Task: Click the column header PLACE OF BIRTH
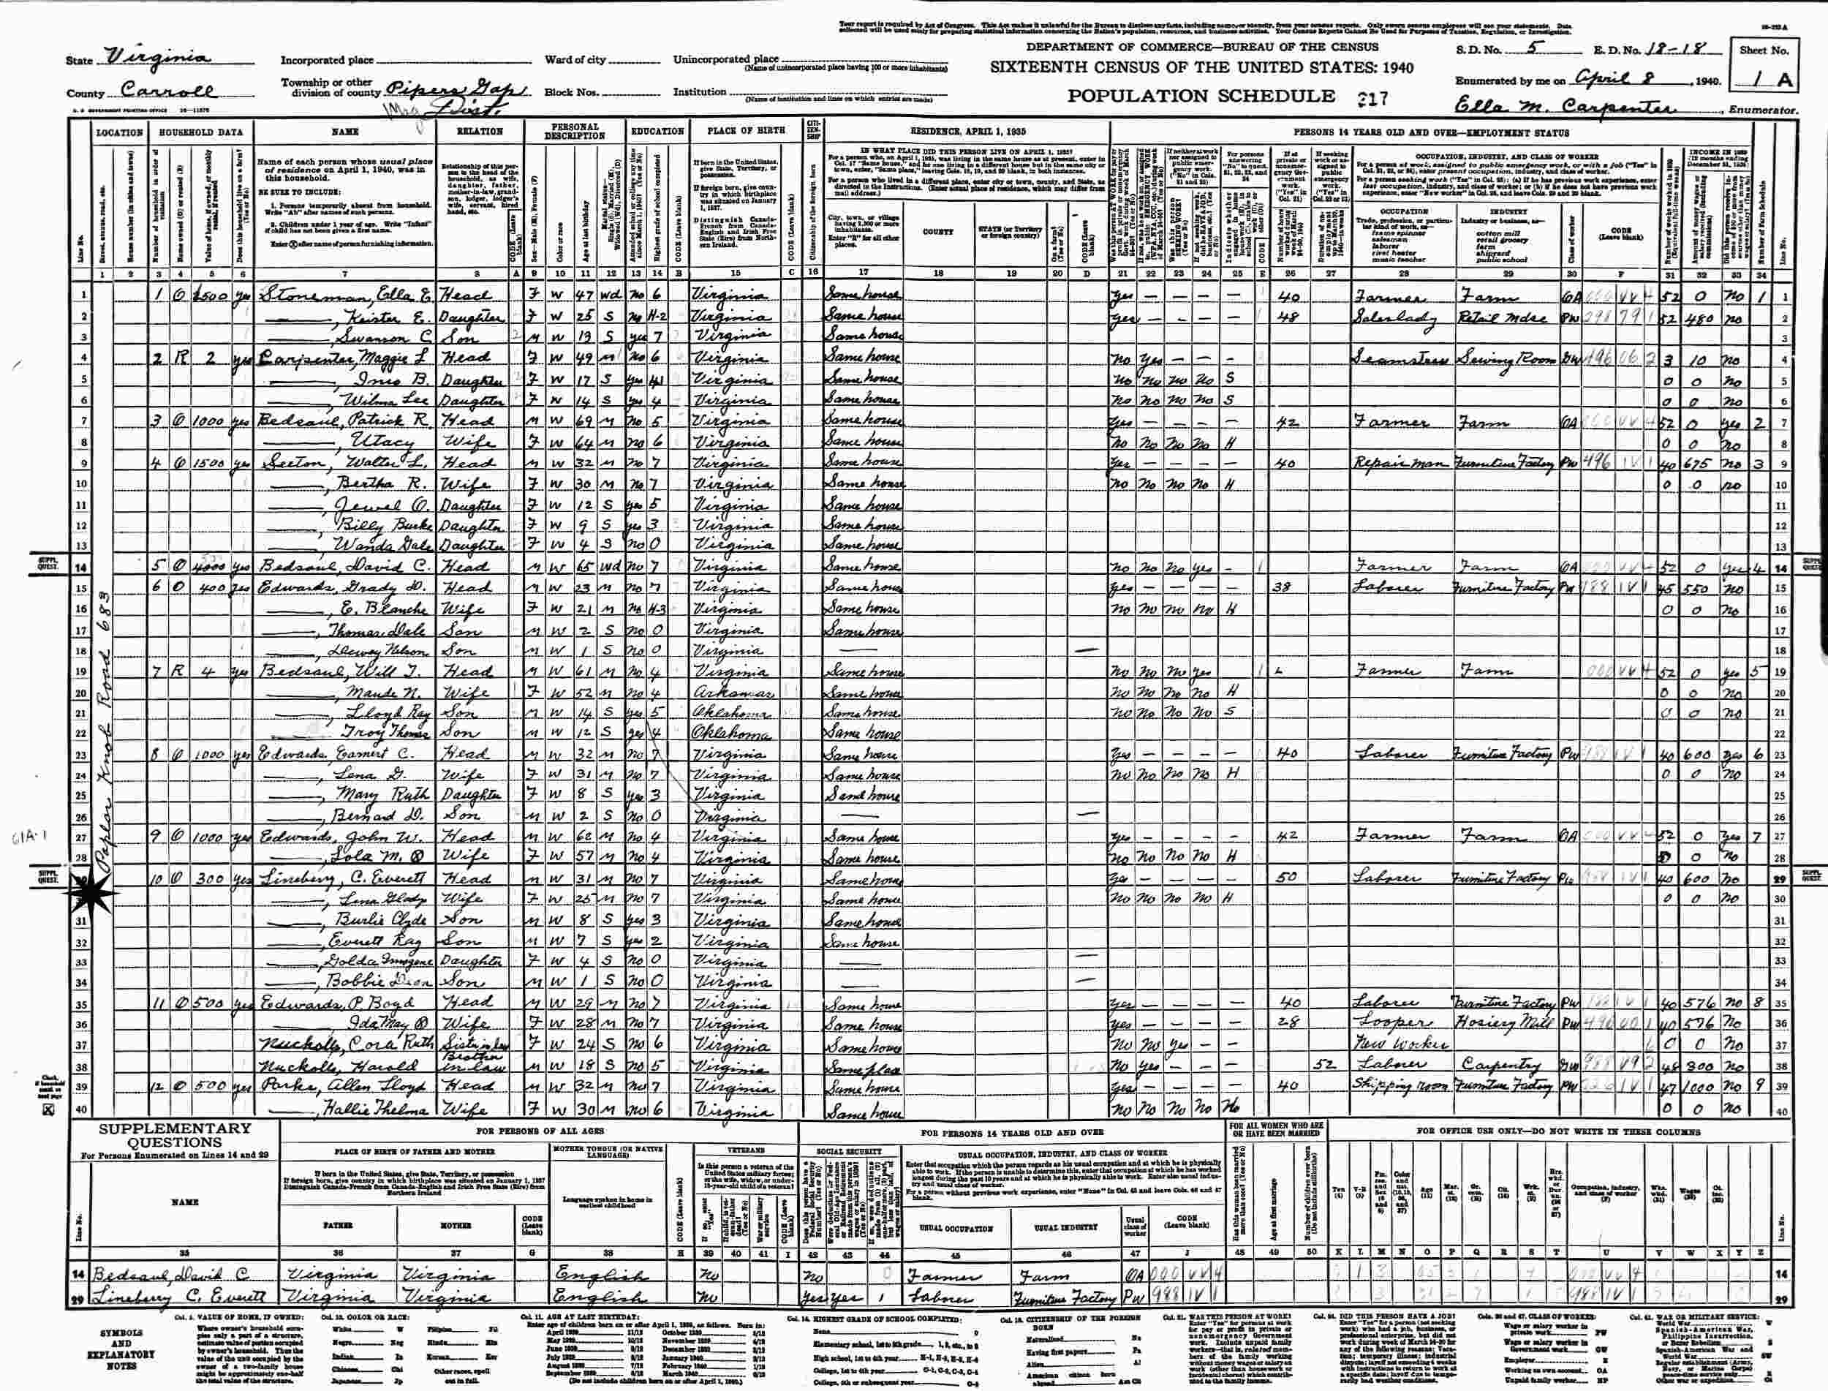coord(741,132)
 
